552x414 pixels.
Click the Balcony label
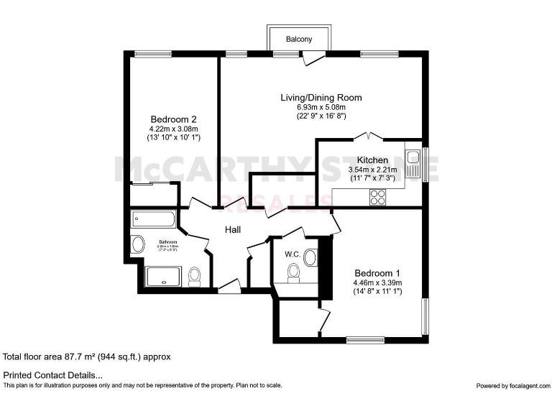299,40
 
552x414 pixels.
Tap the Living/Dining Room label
321,97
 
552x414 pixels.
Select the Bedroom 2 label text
173,119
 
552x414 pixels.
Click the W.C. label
293,254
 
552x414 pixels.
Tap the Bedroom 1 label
377,273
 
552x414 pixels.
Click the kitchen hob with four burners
377,196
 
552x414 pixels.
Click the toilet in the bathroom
194,277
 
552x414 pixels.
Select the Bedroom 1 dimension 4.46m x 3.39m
377,282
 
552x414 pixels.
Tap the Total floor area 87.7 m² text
87,356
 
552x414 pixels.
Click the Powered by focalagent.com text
511,386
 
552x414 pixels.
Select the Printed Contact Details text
53,375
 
